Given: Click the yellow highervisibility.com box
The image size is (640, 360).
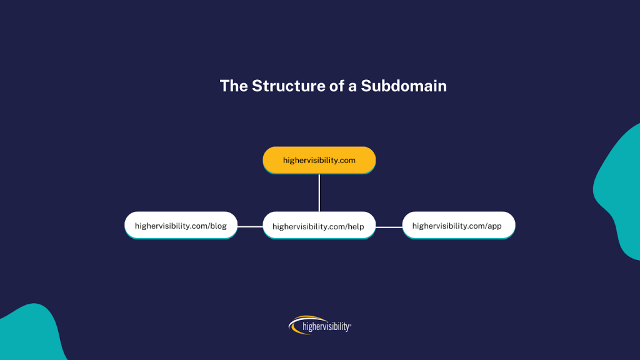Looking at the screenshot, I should point(319,160).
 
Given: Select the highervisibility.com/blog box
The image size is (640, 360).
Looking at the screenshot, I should point(181,226).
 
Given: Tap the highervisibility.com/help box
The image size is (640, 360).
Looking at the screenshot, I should point(319,226).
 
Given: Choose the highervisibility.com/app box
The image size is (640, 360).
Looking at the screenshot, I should point(458,226).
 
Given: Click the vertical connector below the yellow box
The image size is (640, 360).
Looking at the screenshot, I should point(319,192).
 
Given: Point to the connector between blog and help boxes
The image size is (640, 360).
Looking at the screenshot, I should point(250,226).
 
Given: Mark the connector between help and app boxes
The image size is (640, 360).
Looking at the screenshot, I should point(389,227).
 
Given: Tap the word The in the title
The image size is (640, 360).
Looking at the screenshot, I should point(234,86).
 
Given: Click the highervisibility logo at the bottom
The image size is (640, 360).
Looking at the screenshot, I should point(320,325).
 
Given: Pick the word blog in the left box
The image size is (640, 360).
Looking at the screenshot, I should point(218,226).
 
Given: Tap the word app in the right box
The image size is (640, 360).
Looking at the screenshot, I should point(494,226).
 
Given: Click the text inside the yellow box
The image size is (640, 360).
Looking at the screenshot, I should point(319,160).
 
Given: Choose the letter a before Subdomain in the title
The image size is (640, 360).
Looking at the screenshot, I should point(352,87).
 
